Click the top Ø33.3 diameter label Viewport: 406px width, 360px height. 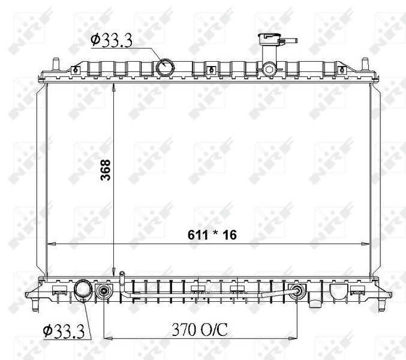[x=112, y=40]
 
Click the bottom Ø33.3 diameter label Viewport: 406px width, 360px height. [x=64, y=331]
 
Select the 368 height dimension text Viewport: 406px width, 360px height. [x=106, y=170]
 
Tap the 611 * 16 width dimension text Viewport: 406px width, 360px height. [x=212, y=235]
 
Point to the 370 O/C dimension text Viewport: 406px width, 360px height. [x=200, y=329]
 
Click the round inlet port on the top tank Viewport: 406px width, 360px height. [x=165, y=67]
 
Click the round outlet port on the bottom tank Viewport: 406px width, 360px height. [x=83, y=290]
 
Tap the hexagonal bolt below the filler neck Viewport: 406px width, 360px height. [x=269, y=69]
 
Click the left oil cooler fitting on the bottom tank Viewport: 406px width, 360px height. [x=104, y=291]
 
